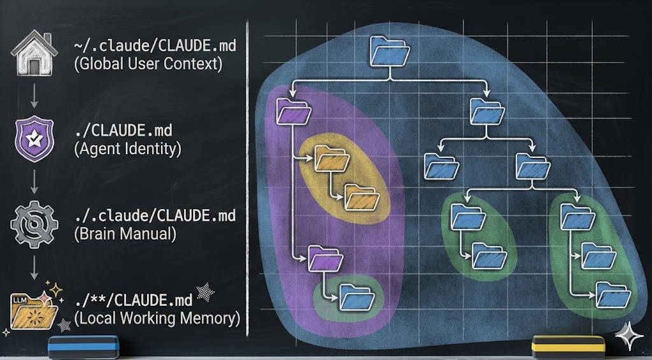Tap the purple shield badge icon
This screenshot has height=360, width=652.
tap(32, 138)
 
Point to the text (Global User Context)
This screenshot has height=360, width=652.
tap(148, 64)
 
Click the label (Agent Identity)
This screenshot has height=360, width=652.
tap(127, 149)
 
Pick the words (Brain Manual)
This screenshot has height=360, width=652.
tap(125, 233)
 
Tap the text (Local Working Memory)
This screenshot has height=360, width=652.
tap(157, 317)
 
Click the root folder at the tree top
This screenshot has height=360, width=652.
tap(389, 52)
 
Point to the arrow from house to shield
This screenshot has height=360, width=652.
tap(32, 96)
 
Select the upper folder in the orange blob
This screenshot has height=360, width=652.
tap(331, 159)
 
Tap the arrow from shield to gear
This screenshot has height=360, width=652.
tap(32, 182)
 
